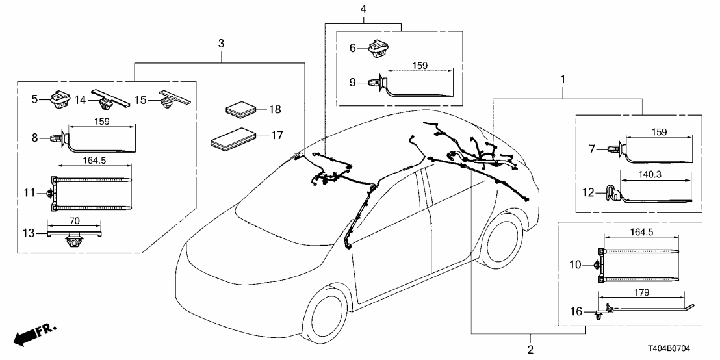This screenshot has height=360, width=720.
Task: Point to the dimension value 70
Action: pyautogui.click(x=75, y=221)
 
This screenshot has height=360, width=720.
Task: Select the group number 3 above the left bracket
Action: pyautogui.click(x=221, y=44)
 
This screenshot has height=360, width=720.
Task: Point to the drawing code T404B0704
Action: pyautogui.click(x=682, y=350)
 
